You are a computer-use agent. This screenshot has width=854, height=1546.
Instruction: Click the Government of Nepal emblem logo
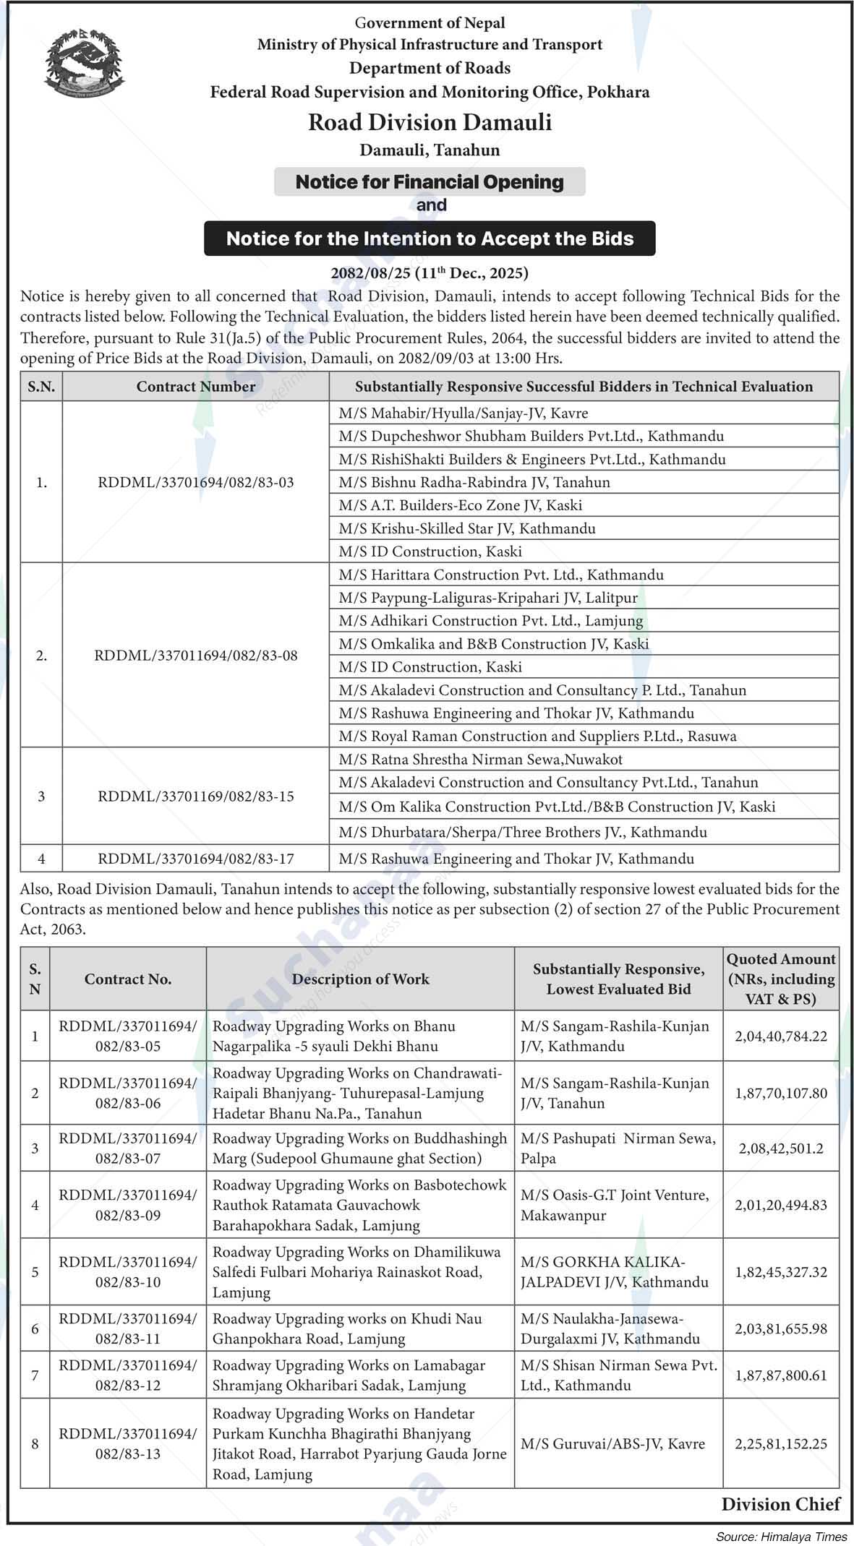(84, 64)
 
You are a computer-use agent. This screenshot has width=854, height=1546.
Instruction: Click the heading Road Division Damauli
(430, 122)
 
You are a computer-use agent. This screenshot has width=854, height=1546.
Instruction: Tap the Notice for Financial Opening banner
(430, 181)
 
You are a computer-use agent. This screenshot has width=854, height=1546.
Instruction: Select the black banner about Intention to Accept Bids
(430, 239)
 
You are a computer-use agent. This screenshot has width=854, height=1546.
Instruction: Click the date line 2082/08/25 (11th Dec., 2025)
(430, 273)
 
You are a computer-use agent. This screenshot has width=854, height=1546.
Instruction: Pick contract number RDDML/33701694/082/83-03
(196, 482)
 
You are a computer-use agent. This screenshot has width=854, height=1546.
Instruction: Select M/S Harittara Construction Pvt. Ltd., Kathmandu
(500, 575)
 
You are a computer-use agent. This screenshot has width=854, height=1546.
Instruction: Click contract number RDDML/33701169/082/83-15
(196, 796)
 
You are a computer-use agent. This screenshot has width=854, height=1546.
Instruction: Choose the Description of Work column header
(360, 979)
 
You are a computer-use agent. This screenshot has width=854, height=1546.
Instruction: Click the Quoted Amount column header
(781, 979)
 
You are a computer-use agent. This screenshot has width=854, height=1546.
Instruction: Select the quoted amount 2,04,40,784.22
(781, 1036)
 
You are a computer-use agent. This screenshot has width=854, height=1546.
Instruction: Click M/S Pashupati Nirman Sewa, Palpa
(618, 1148)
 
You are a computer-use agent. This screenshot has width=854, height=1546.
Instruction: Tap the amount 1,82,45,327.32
(781, 1271)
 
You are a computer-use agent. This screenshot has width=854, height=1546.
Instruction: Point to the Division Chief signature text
(781, 1504)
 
